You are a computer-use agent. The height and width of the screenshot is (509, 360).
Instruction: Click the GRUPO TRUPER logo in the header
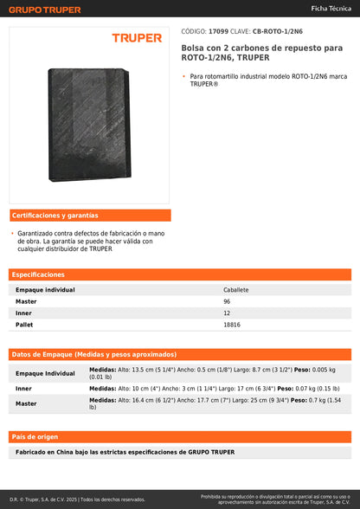pyautogui.click(x=44, y=10)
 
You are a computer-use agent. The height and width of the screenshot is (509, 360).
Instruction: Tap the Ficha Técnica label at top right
pyautogui.click(x=331, y=9)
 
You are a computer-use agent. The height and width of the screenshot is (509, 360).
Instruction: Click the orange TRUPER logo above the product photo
pyautogui.click(x=136, y=38)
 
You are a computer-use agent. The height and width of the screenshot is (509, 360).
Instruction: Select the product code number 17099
pyautogui.click(x=219, y=30)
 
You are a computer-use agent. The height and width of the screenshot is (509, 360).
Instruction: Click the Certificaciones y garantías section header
pyautogui.click(x=55, y=215)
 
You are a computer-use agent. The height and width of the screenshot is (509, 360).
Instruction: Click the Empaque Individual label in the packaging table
pyautogui.click(x=46, y=373)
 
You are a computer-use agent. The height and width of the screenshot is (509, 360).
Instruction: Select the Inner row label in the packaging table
pyautogui.click(x=24, y=389)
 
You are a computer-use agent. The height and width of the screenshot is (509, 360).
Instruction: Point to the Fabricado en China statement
pyautogui.click(x=125, y=452)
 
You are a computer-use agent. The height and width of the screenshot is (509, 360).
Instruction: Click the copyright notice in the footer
pyautogui.click(x=78, y=499)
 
